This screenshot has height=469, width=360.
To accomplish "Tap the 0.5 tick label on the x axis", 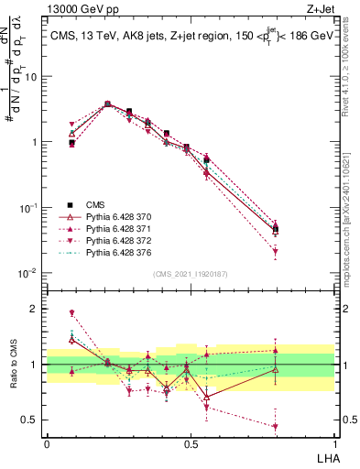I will pos(190,443).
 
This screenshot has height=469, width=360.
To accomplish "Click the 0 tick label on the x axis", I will pos(47,443).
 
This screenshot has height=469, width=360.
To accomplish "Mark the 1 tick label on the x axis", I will pos(333,443).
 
